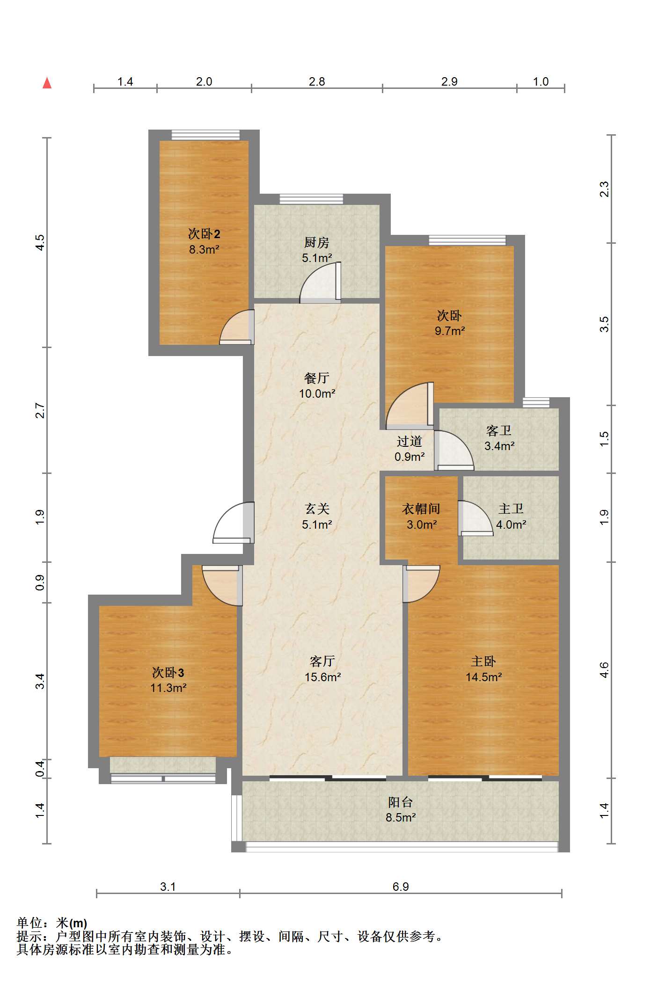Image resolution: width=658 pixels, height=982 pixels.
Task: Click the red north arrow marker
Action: point(47,83)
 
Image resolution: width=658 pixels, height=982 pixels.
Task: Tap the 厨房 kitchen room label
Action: point(317,242)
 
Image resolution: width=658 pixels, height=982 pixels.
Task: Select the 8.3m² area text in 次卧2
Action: point(205,249)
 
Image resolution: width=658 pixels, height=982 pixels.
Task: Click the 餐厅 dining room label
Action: point(317,378)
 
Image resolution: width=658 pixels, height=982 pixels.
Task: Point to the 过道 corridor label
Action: point(409,441)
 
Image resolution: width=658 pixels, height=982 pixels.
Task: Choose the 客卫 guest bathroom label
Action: point(499,430)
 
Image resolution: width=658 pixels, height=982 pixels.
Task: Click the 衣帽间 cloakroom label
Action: point(421,509)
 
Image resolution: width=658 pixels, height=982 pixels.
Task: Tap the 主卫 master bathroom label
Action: point(511,509)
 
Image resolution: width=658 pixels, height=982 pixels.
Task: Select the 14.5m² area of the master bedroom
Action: point(484,677)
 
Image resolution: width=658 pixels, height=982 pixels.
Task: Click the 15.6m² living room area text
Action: point(322,677)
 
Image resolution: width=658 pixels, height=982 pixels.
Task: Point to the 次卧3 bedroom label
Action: point(168,673)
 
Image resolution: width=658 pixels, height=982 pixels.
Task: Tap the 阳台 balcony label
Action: point(401,802)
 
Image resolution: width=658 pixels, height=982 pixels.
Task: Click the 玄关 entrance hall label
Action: point(317,509)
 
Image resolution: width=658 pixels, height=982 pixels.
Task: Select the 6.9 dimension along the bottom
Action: point(401,887)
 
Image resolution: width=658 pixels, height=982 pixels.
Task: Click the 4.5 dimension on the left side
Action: point(40,242)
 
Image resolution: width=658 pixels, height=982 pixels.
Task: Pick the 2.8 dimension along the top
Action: point(317,81)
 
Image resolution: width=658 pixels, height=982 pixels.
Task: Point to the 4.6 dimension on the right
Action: point(604,670)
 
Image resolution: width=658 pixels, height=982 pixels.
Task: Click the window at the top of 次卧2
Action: point(205,135)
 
